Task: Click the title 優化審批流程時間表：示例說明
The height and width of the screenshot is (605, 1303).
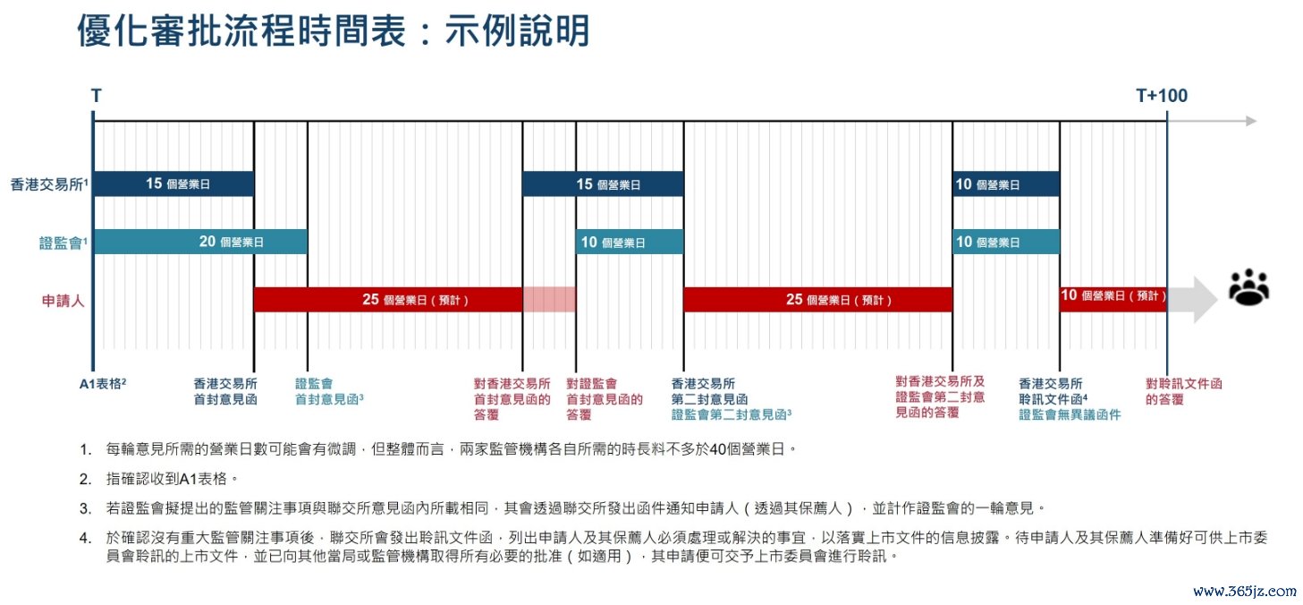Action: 334,30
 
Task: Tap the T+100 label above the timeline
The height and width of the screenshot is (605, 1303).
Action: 1162,96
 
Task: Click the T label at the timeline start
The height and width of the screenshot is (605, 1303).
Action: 96,96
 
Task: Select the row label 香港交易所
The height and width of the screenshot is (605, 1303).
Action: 47,184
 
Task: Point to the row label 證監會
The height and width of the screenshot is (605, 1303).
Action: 61,243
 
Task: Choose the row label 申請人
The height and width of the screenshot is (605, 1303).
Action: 63,301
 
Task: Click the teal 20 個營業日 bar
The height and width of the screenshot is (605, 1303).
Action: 200,242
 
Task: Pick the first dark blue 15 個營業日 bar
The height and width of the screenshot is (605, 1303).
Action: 173,184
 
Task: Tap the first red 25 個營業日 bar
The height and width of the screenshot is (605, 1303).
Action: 388,299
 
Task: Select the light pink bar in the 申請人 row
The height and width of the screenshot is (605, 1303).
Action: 549,299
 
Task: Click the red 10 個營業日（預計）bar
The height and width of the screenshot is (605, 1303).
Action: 1113,299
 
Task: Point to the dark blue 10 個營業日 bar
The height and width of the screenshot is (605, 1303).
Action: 1006,184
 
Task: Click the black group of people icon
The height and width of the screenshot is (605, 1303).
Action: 1248,287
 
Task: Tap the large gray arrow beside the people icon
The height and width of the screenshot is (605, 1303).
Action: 1192,299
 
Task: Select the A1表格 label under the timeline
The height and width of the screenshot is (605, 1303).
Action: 102,384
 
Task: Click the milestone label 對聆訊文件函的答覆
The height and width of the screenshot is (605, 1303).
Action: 1183,391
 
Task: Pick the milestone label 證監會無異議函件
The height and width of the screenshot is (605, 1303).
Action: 1070,414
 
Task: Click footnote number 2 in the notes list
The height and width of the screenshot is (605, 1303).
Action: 85,479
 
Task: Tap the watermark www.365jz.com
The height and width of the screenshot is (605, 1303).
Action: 1244,591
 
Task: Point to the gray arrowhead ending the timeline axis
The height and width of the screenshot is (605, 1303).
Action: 1252,121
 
